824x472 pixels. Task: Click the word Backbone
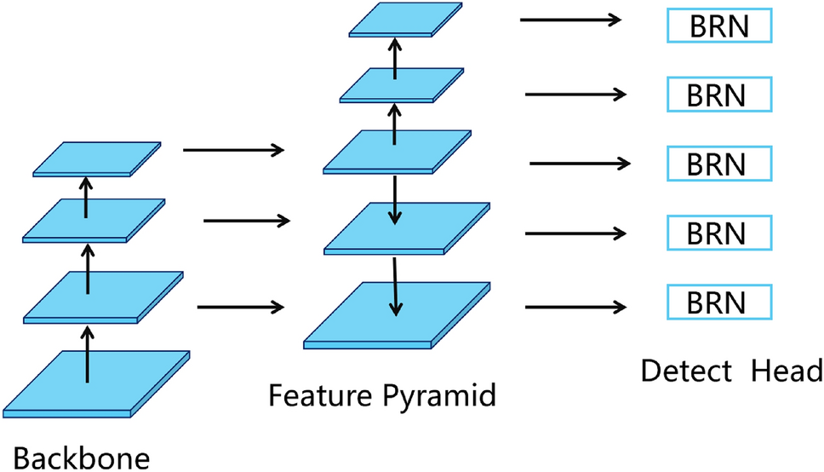pos(81,453)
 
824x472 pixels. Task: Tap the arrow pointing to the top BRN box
pos(571,19)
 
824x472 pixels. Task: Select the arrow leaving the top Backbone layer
pos(233,151)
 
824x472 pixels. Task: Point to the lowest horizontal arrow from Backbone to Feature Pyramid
pos(239,307)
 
